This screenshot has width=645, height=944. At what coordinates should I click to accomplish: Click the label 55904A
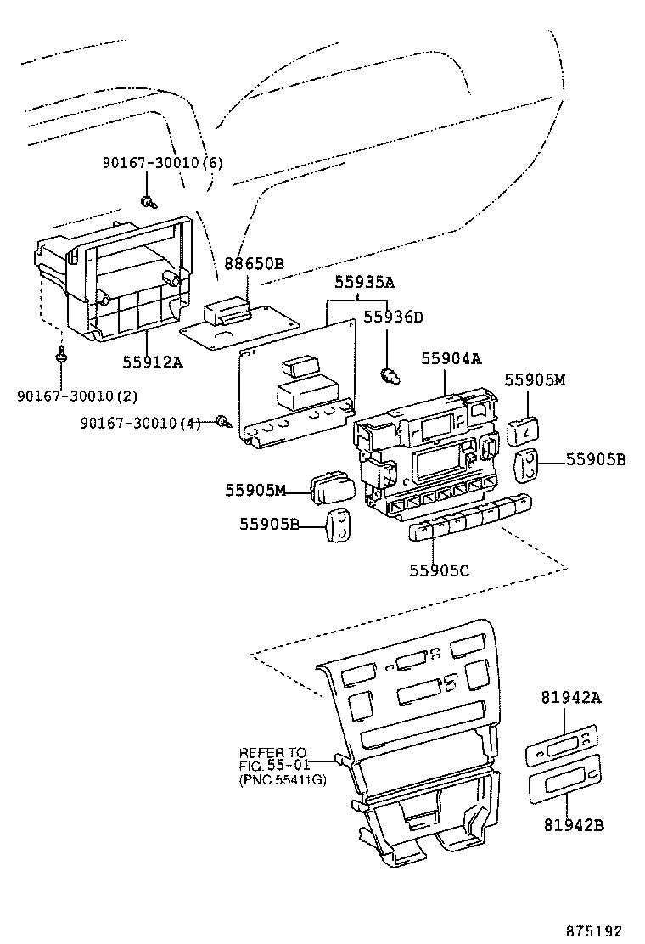click(451, 359)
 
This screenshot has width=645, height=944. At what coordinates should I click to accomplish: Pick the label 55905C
click(440, 571)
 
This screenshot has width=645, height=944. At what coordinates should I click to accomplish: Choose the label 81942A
click(571, 698)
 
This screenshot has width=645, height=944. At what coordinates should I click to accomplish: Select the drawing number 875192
click(601, 929)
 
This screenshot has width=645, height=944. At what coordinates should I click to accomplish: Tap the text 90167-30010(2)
click(77, 396)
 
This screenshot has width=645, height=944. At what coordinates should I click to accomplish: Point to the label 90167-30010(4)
click(141, 423)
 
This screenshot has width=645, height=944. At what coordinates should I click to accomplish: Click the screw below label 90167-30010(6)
click(149, 202)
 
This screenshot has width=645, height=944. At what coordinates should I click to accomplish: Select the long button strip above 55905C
click(469, 520)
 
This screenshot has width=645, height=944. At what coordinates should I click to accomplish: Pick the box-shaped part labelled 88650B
click(229, 311)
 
